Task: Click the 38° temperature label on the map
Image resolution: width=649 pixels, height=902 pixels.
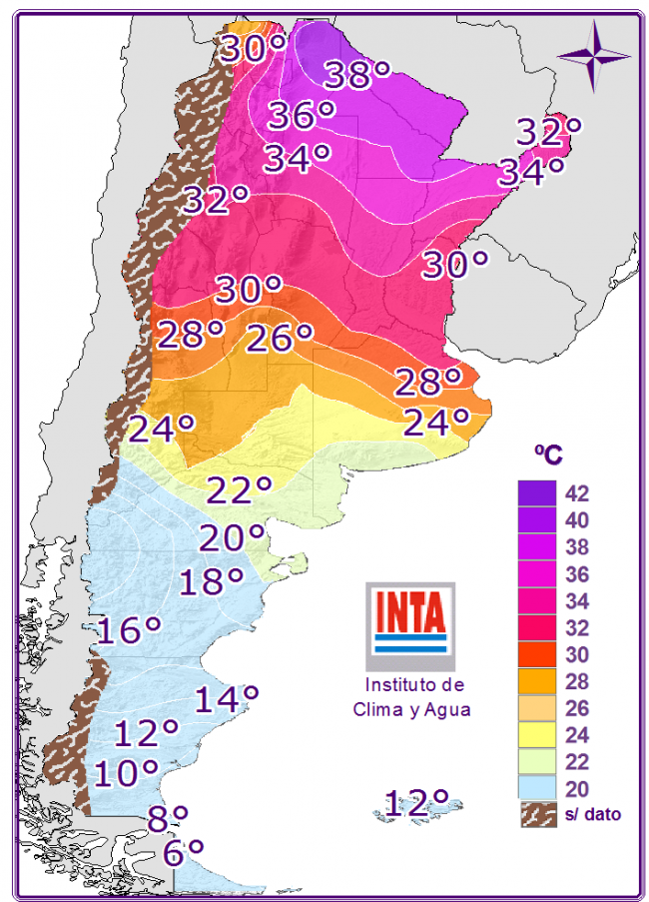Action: tap(356, 75)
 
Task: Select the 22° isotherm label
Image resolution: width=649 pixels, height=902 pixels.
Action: tap(240, 490)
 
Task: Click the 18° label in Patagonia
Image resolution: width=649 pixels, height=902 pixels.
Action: tap(211, 581)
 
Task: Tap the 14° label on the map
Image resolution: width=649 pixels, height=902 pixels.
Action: tap(227, 698)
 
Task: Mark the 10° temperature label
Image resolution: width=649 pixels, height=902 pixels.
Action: tap(127, 772)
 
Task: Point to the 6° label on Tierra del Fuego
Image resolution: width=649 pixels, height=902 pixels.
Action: tap(183, 852)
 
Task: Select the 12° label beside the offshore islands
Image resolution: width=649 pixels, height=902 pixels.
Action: tap(416, 801)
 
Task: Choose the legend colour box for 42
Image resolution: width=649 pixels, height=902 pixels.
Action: tap(536, 493)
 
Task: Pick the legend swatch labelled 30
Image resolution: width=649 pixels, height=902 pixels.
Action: tap(536, 655)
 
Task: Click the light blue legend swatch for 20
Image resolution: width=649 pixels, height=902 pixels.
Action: tap(536, 789)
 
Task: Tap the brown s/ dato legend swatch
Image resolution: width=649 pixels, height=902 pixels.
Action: tap(536, 814)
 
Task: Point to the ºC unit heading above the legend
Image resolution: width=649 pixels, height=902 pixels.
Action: tap(547, 454)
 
